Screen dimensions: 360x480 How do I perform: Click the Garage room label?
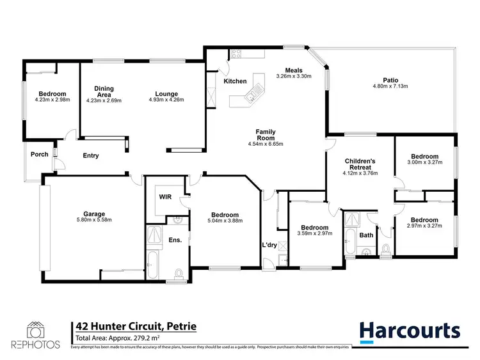[x=93, y=214]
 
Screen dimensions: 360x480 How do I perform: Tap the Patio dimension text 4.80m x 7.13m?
[x=391, y=86]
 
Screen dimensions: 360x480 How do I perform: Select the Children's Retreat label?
[x=359, y=163]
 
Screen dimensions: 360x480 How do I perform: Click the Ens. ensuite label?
[x=175, y=240]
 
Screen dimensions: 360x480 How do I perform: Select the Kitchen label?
[x=235, y=81]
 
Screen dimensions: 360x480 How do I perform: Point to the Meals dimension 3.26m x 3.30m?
[x=293, y=77]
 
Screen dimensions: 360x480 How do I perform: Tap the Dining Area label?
[x=104, y=91]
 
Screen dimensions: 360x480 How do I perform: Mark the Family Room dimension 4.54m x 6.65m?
[x=265, y=144]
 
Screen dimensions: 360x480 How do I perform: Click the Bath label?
[x=366, y=235]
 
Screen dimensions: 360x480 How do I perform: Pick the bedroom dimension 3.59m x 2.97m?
[x=315, y=234]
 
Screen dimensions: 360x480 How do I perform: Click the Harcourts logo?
[x=410, y=331]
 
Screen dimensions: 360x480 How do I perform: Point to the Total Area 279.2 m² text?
[x=118, y=338]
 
